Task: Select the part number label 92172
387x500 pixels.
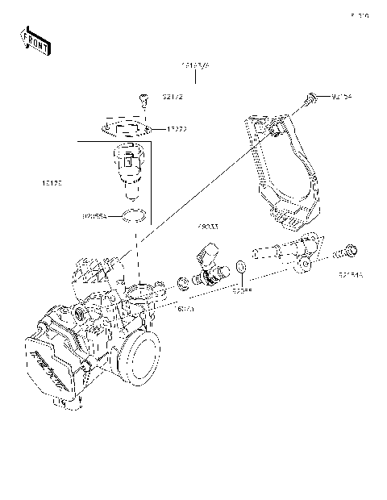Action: [173, 97]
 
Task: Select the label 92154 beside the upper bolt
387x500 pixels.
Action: [342, 97]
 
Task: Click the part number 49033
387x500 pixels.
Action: [208, 228]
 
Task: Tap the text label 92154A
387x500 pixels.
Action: [350, 274]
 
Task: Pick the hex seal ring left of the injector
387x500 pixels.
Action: [184, 283]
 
